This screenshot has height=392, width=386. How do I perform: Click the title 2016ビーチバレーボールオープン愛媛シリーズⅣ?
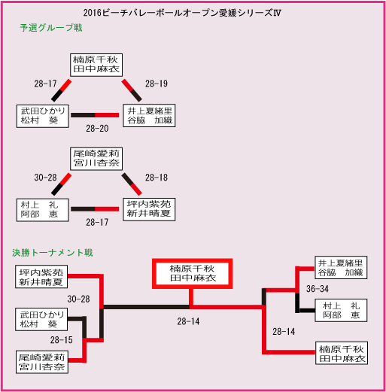pyautogui.click(x=182, y=13)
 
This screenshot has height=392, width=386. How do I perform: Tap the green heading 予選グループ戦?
pyautogui.click(x=51, y=28)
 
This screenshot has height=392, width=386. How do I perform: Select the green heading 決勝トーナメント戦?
pyautogui.click(x=53, y=252)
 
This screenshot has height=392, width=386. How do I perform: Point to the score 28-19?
pyautogui.click(x=157, y=84)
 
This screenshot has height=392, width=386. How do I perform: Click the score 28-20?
pyautogui.click(x=97, y=129)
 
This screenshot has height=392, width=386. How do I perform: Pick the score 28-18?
pyautogui.click(x=157, y=178)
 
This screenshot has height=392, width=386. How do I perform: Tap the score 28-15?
pyautogui.click(x=61, y=340)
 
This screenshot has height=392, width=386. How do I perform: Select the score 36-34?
pyautogui.click(x=318, y=289)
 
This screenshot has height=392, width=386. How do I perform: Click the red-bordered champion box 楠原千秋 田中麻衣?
pyautogui.click(x=193, y=274)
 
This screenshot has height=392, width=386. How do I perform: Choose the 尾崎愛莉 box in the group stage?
pyautogui.click(x=96, y=159)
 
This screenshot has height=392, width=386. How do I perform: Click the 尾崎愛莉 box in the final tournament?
pyautogui.click(x=42, y=362)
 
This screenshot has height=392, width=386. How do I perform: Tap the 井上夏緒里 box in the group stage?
pyautogui.click(x=149, y=116)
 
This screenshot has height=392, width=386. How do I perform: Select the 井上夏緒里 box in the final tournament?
pyautogui.click(x=341, y=267)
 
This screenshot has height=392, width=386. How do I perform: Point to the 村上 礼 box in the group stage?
pyautogui.click(x=43, y=210)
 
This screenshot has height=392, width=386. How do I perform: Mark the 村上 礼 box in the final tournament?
pyautogui.click(x=341, y=310)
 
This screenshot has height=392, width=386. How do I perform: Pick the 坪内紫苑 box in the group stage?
pyautogui.click(x=149, y=209)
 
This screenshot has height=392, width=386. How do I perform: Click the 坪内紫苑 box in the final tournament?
pyautogui.click(x=41, y=276)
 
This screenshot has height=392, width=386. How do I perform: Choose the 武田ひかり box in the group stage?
pyautogui.click(x=43, y=116)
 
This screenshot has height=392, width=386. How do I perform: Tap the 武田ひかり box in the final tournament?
pyautogui.click(x=41, y=319)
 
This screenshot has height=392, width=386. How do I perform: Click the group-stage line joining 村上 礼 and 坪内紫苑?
pyautogui.click(x=95, y=209)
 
